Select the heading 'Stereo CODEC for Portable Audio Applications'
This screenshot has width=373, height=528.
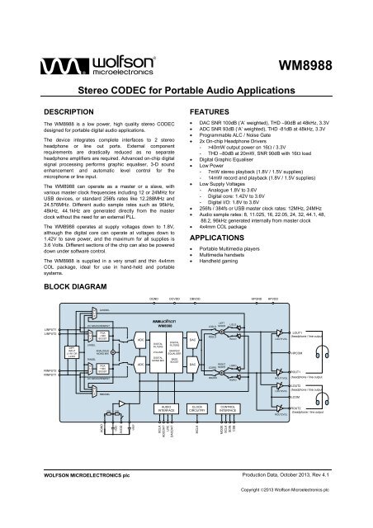coord(186,96)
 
